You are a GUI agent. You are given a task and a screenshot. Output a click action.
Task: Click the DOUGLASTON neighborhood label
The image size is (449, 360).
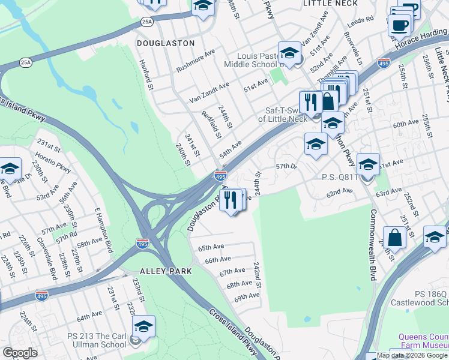tap(166, 43)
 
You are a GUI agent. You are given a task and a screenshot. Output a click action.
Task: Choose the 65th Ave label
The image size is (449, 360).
tap(211, 247)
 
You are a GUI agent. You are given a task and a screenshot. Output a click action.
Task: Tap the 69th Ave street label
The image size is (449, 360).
tap(246, 297)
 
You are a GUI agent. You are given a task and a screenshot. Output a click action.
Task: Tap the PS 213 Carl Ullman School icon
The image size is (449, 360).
tap(143, 327)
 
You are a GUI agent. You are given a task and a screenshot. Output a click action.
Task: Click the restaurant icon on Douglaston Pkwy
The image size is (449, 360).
tap(231, 199)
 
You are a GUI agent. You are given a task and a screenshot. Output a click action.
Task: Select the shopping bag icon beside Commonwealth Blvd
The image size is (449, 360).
tap(395, 238)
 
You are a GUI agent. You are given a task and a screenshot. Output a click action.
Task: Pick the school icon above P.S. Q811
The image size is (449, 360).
tap(368, 164)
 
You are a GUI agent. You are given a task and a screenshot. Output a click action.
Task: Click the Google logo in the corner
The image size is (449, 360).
tap(20, 352)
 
